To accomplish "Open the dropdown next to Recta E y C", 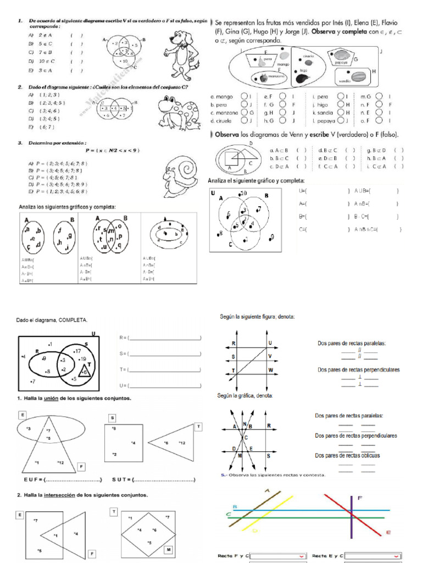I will [373, 556].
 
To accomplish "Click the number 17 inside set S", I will [77, 350].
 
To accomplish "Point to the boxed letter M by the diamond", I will [168, 549].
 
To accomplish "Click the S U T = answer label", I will [122, 480].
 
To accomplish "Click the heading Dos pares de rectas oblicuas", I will [347, 455].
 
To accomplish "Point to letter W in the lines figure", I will [270, 370].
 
